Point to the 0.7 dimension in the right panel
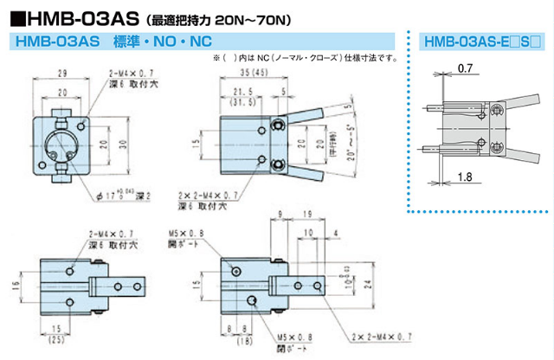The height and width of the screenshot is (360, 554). pos(465,67)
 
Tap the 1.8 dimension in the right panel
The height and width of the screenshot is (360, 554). pos(465,176)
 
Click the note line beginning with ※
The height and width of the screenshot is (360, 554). pos(304,59)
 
